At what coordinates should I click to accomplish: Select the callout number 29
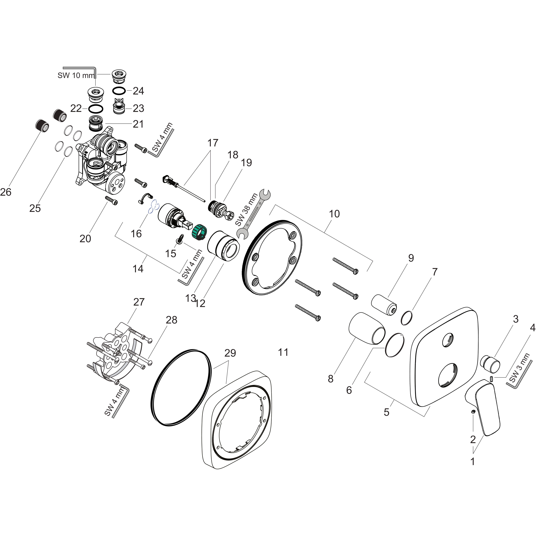coord(230,353)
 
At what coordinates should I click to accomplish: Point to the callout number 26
coord(5,192)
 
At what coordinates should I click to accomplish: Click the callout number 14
coord(138,269)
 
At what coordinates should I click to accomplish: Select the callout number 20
coord(85,239)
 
